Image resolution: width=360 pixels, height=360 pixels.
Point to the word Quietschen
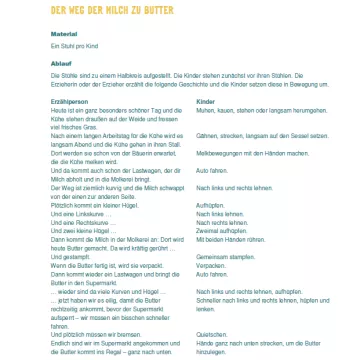point(208,334)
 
